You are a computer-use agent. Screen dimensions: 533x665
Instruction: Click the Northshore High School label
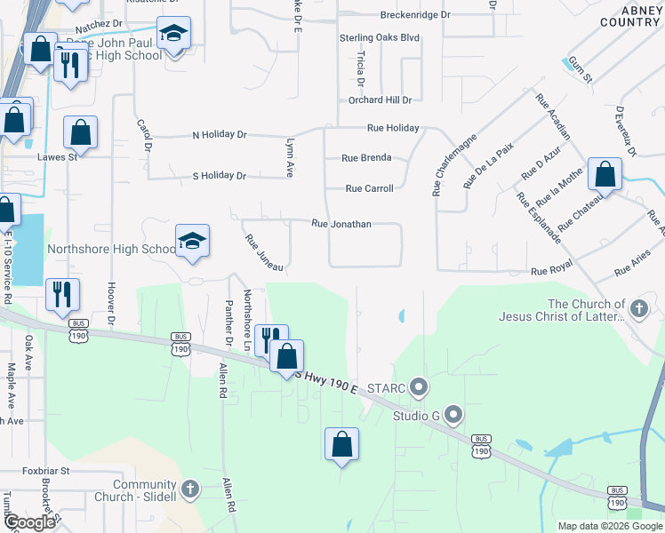point(112,249)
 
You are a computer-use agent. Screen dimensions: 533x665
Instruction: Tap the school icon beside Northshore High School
point(192,242)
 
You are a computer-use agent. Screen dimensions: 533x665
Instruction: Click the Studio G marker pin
point(453,414)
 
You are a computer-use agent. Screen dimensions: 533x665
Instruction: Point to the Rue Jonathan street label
point(341,225)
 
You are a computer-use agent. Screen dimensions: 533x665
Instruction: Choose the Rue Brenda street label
point(366,158)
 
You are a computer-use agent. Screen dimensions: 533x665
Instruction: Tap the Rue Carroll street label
point(369,188)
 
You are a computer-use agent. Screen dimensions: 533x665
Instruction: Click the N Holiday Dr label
point(220,135)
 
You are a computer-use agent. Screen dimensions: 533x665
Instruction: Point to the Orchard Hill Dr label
point(380,100)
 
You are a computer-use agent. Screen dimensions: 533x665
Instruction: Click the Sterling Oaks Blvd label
point(379,38)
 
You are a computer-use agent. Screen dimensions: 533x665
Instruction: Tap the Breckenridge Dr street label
point(415,15)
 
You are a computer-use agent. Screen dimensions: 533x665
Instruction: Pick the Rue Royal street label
point(551,271)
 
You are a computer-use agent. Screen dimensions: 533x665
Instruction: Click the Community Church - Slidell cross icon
point(188,489)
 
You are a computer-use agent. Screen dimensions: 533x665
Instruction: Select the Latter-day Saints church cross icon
point(637,309)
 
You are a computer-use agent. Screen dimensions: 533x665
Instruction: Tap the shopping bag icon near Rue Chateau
point(605,174)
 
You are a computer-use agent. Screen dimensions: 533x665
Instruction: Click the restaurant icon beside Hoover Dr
point(62,293)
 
